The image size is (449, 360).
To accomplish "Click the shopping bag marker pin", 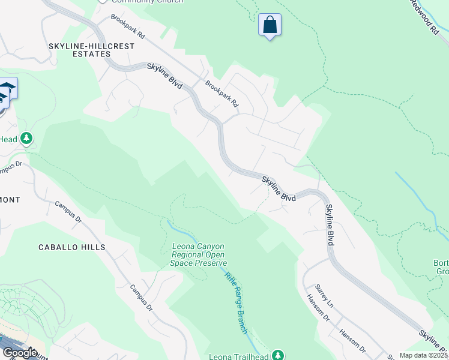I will [270, 26].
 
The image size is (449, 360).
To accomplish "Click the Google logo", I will [20, 353].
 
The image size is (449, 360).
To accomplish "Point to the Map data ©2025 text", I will [424, 355].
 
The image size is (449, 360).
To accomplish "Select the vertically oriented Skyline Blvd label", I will [330, 224].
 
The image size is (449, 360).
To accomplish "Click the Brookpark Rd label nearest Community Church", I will [128, 26].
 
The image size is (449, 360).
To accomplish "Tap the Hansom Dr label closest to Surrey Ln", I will [318, 307].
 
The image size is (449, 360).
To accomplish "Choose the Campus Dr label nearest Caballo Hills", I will [68, 212].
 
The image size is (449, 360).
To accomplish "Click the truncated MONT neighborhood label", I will [10, 199].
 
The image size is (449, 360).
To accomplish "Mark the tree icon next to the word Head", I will [26, 139].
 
